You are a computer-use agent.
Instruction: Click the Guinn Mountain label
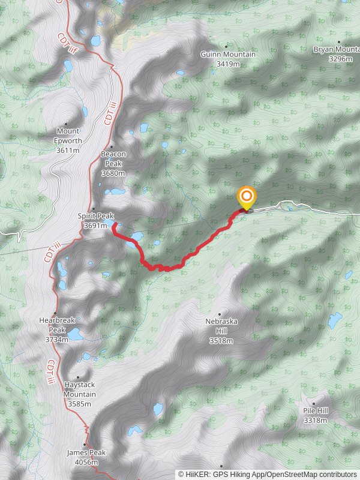tap(227, 55)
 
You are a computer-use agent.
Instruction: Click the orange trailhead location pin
tap(246, 197)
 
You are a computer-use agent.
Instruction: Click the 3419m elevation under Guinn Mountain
tap(227, 64)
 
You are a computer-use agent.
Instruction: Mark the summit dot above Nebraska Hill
tap(220, 314)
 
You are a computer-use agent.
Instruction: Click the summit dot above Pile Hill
tap(314, 403)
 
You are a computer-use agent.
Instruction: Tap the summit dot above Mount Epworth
tap(66, 124)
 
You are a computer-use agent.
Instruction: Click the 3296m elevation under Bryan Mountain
tap(340, 59)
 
